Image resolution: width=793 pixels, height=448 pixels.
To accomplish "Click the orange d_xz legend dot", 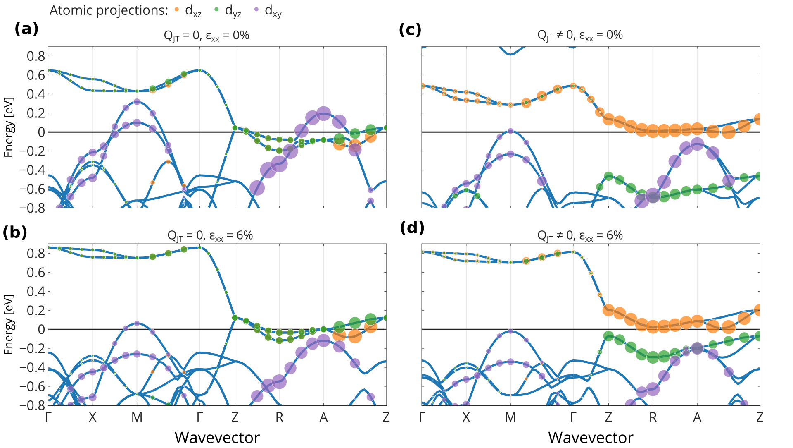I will [177, 9].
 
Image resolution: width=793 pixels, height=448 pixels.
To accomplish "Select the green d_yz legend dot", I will [216, 9].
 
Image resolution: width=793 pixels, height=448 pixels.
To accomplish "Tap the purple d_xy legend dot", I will [256, 9].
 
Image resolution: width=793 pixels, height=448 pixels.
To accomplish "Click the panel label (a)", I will [26, 29].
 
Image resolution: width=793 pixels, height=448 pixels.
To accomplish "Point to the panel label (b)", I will [15, 232].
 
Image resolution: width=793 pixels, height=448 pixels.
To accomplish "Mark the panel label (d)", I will [412, 228].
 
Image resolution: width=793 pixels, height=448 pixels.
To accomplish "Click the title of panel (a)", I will [207, 36].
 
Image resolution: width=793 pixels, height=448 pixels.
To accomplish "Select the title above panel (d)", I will [580, 236].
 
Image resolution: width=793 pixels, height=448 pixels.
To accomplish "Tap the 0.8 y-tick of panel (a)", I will [36, 56].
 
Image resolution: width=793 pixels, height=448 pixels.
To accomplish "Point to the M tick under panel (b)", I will [137, 417].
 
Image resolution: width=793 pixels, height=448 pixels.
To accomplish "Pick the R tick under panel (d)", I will [653, 417].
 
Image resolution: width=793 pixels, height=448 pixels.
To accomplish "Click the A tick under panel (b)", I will [323, 417].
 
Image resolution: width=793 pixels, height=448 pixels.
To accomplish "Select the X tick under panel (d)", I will [466, 417].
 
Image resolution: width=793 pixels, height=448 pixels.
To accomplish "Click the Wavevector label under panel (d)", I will [590, 438].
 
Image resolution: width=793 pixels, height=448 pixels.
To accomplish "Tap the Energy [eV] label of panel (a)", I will [9, 127].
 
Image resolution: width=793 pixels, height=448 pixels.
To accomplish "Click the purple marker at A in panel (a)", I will [323, 113].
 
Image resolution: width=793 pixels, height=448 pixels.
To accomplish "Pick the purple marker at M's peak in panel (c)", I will [510, 131].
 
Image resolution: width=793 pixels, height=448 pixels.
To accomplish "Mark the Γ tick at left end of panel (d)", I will [422, 417].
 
